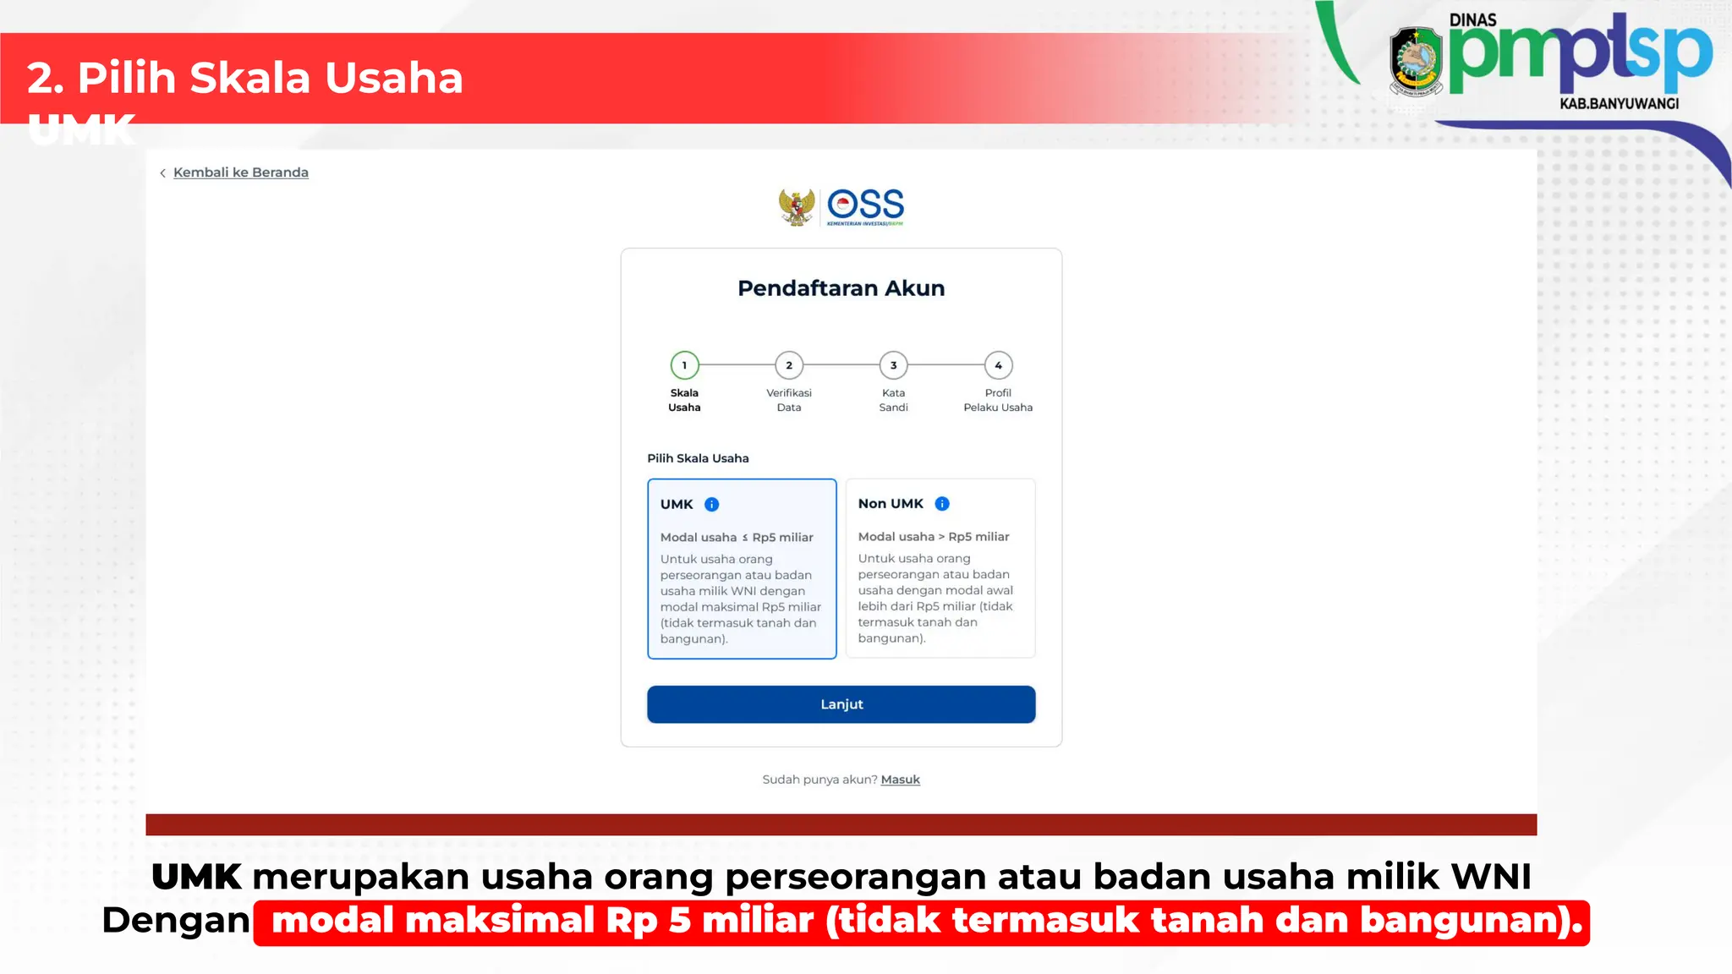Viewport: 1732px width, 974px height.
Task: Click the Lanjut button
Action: click(841, 704)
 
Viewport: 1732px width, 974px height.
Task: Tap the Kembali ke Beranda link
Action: click(240, 172)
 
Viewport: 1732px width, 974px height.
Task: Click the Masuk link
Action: click(900, 780)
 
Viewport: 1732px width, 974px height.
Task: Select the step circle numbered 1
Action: click(684, 365)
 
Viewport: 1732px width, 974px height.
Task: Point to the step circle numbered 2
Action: click(789, 365)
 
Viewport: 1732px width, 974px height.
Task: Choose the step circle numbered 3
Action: click(893, 365)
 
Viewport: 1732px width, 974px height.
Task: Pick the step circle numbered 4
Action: click(998, 365)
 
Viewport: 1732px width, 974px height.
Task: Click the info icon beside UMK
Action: click(712, 505)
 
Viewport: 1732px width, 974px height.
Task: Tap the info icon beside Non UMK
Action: click(942, 504)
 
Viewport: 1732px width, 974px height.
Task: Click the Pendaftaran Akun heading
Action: click(841, 288)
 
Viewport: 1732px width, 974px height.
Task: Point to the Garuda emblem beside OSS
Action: click(797, 207)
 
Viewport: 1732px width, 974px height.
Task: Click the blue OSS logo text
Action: click(866, 205)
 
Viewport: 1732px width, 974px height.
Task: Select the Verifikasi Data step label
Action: click(789, 400)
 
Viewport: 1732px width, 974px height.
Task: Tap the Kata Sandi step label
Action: click(893, 400)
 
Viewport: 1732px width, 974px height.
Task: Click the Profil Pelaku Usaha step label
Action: click(998, 400)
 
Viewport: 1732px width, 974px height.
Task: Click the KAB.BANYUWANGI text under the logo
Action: click(1619, 104)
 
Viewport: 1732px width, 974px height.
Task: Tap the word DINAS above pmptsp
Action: click(1472, 20)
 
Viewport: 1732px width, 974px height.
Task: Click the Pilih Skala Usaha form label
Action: click(698, 458)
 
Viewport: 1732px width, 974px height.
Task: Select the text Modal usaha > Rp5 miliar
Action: click(934, 537)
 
